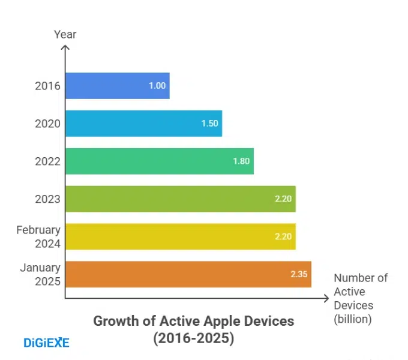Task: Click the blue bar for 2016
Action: coord(117,86)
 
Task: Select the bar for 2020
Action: coord(143,124)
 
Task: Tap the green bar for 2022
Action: coord(159,161)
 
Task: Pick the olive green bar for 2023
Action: coord(180,199)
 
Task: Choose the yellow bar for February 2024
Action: coord(180,236)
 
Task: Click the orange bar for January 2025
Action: coord(188,274)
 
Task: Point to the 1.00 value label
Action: coord(157,86)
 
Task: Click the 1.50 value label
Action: coord(210,124)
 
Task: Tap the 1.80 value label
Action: coord(241,161)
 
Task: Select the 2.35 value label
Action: coord(299,274)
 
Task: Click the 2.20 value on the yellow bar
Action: coord(283,236)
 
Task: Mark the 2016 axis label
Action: coord(47,86)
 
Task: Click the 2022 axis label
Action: coord(47,161)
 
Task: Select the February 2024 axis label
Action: coord(38,236)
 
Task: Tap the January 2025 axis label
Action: coord(40,274)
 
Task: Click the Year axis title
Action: coord(65,34)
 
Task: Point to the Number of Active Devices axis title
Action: coord(360,298)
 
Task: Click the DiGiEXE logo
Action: coord(46,343)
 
